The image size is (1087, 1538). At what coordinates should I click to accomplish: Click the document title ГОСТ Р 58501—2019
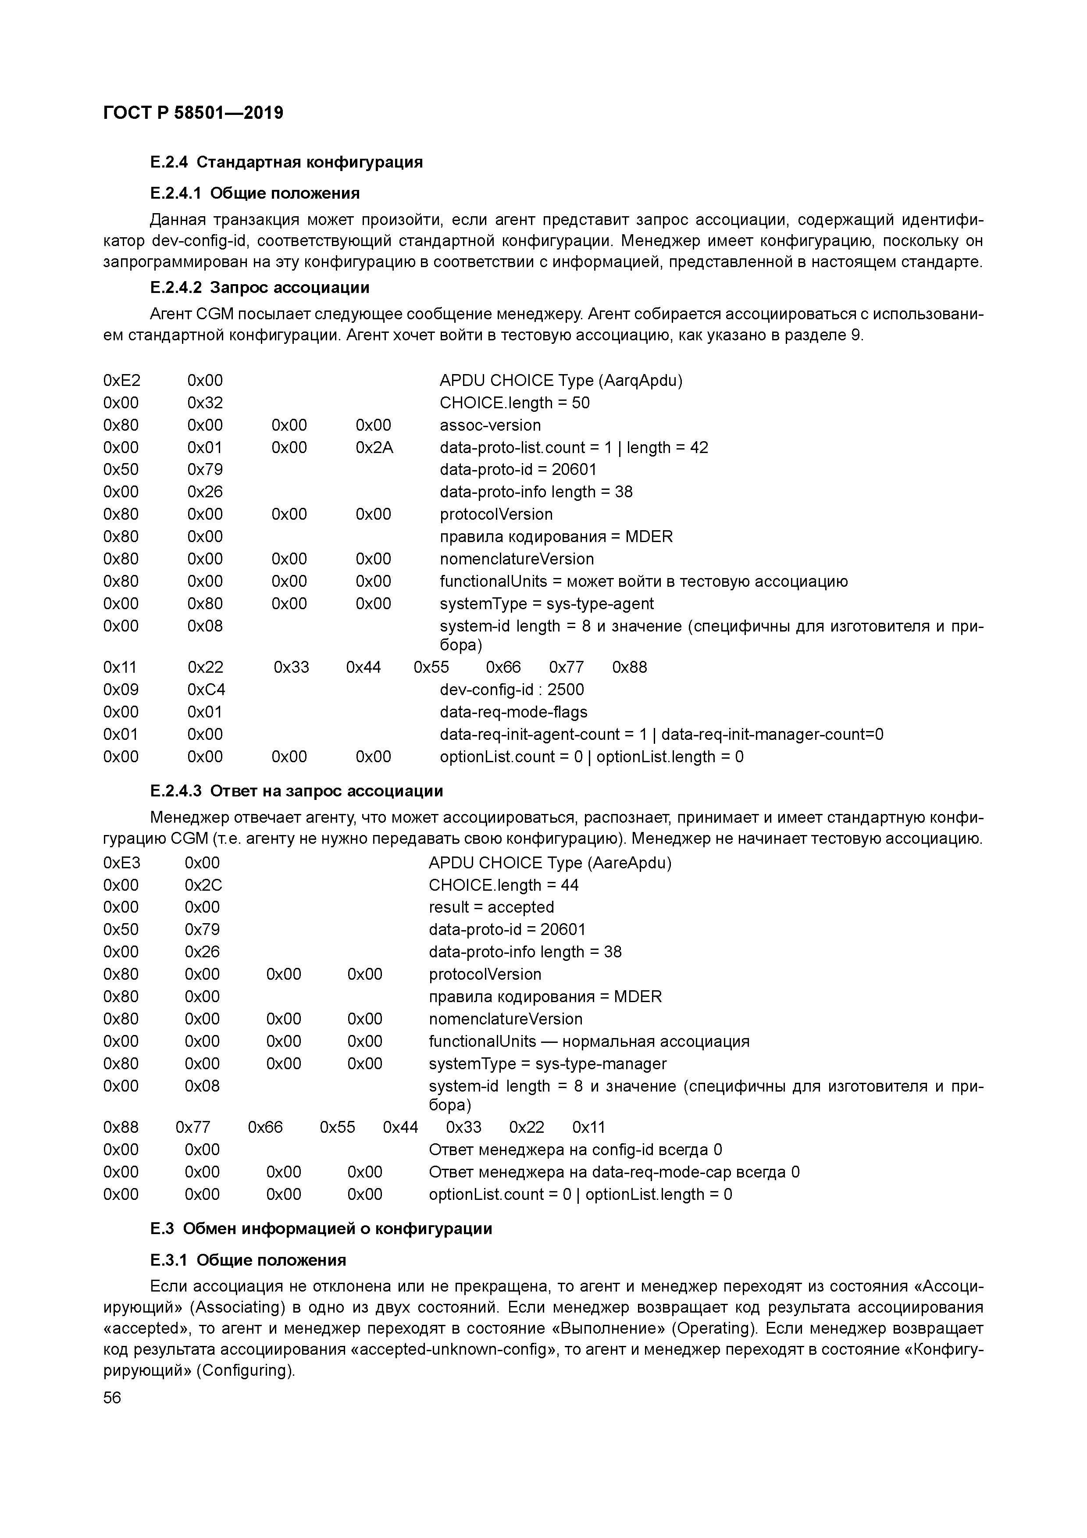coord(193,113)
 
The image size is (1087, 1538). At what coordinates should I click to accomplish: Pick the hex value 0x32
coord(205,403)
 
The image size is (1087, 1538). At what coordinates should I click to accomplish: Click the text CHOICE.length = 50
coord(514,403)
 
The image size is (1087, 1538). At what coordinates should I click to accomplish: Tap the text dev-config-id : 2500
coord(512,689)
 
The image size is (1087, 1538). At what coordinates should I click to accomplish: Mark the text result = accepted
coord(491,907)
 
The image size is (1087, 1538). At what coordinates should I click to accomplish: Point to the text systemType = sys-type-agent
coord(546,603)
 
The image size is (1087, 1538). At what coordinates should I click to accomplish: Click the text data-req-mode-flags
coord(513,711)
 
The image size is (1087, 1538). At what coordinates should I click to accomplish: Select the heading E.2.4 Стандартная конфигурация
coord(286,162)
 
